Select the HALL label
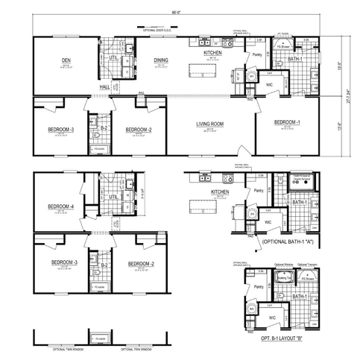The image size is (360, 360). tap(105, 86)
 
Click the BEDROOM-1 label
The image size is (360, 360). tap(286, 121)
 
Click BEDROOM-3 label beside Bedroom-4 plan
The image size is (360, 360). tap(65, 262)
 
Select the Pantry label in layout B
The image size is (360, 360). tap(259, 286)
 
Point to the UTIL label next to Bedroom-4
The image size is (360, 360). tap(115, 197)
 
